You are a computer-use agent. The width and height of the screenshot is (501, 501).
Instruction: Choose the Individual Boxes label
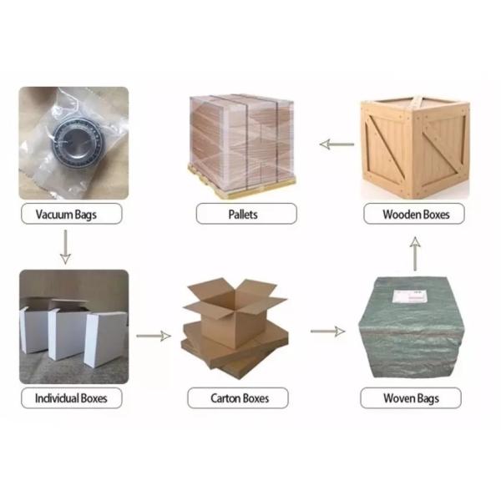pyautogui.click(x=71, y=397)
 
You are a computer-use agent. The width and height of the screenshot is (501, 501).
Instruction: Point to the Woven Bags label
pyautogui.click(x=411, y=397)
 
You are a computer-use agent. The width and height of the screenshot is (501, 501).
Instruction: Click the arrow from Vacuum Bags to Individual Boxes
pyautogui.click(x=65, y=246)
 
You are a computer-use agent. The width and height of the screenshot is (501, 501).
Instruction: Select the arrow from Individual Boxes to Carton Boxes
pyautogui.click(x=154, y=336)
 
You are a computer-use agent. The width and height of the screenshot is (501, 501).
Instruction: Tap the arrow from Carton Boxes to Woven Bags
pyautogui.click(x=328, y=331)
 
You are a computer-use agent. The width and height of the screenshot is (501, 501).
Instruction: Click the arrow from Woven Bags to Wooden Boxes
pyautogui.click(x=415, y=254)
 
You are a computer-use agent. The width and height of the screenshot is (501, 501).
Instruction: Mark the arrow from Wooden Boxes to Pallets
pyautogui.click(x=337, y=144)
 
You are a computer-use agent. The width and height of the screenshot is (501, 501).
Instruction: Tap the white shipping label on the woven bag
pyautogui.click(x=410, y=296)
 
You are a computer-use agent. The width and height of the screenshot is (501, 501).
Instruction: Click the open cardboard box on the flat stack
pyautogui.click(x=235, y=311)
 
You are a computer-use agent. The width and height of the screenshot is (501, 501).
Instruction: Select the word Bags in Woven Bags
pyautogui.click(x=428, y=399)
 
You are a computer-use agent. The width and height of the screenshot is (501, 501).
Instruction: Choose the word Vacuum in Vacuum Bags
pyautogui.click(x=54, y=214)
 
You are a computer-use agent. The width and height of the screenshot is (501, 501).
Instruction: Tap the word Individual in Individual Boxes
pyautogui.click(x=57, y=398)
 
